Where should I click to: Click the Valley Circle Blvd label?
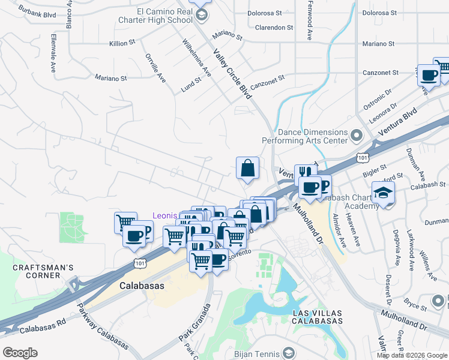pyautogui.click(x=232, y=73)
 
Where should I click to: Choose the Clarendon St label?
pyautogui.click(x=274, y=28)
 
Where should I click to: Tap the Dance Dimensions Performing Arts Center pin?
pyautogui.click(x=357, y=135)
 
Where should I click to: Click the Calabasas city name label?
pyautogui.click(x=142, y=286)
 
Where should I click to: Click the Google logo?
pyautogui.click(x=20, y=353)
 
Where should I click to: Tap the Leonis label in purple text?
pyautogui.click(x=165, y=215)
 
